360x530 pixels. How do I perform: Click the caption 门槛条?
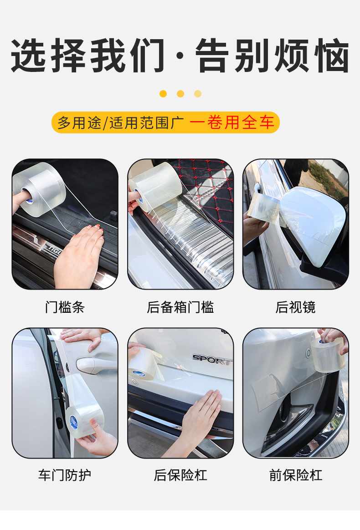pyautogui.click(x=65, y=307)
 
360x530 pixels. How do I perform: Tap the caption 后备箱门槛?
pyautogui.click(x=180, y=307)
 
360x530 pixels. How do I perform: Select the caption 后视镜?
pyautogui.click(x=295, y=307)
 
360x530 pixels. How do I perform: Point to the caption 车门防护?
pyautogui.click(x=65, y=475)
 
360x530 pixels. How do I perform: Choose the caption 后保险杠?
pyautogui.click(x=180, y=475)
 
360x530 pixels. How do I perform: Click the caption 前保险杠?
pyautogui.click(x=295, y=475)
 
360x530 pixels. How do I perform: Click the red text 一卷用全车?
pyautogui.click(x=232, y=122)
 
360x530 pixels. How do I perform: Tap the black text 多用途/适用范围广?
pyautogui.click(x=120, y=122)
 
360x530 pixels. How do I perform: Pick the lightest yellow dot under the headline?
pyautogui.click(x=198, y=94)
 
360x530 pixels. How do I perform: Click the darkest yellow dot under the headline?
pyautogui.click(x=163, y=94)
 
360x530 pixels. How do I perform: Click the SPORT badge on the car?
pyautogui.click(x=212, y=359)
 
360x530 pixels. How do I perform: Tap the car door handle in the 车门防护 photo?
pyautogui.click(x=93, y=365)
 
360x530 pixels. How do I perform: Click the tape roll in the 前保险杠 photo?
pyautogui.click(x=328, y=355)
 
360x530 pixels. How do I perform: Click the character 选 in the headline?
pyautogui.click(x=28, y=56)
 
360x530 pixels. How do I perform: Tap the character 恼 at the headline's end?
pyautogui.click(x=332, y=56)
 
